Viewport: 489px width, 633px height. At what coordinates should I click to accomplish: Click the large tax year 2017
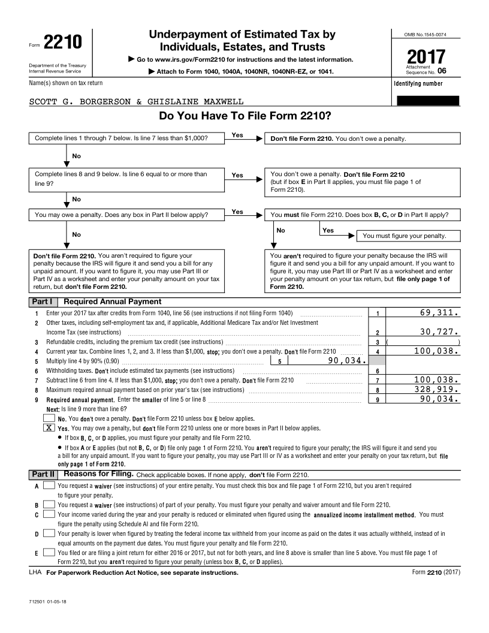[x=426, y=58]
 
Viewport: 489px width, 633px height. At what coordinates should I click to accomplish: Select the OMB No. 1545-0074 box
[x=426, y=34]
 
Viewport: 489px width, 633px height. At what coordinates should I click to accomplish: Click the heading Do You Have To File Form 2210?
[x=245, y=116]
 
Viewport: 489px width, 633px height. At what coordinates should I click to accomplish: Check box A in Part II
[x=50, y=485]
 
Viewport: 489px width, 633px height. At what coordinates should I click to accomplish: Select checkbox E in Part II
[x=50, y=552]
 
